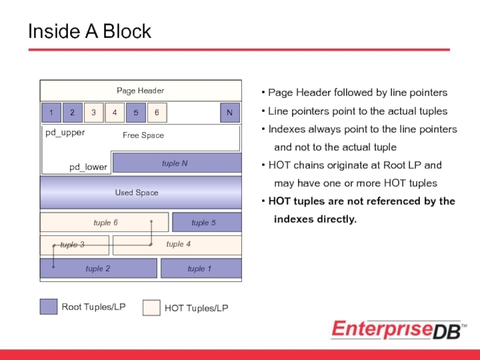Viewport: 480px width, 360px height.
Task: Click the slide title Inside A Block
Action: pyautogui.click(x=89, y=31)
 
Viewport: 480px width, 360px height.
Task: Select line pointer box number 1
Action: pyautogui.click(x=51, y=112)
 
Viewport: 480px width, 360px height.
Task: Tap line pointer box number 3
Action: pyautogui.click(x=93, y=112)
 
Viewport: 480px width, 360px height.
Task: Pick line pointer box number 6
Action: pyautogui.click(x=157, y=112)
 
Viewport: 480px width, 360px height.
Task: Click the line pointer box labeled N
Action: pyautogui.click(x=229, y=112)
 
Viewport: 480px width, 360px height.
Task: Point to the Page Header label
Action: pyautogui.click(x=140, y=91)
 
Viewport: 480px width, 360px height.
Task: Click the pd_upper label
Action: pyautogui.click(x=65, y=133)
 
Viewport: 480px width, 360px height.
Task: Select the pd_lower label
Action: pyautogui.click(x=88, y=167)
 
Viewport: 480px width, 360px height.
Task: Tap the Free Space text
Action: pyautogui.click(x=143, y=136)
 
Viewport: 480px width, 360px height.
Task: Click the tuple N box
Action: pyautogui.click(x=176, y=163)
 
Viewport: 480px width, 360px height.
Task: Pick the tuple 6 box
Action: pyautogui.click(x=104, y=223)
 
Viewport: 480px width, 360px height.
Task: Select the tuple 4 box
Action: pyautogui.click(x=177, y=245)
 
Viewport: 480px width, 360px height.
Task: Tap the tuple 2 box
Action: pyautogui.click(x=98, y=268)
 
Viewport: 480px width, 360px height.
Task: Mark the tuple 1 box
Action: pyautogui.click(x=200, y=268)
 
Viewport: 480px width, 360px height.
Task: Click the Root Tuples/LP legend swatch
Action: pyautogui.click(x=49, y=307)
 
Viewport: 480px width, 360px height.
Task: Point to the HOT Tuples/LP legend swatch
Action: pyautogui.click(x=151, y=308)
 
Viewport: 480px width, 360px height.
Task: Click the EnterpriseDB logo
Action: pyautogui.click(x=398, y=329)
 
